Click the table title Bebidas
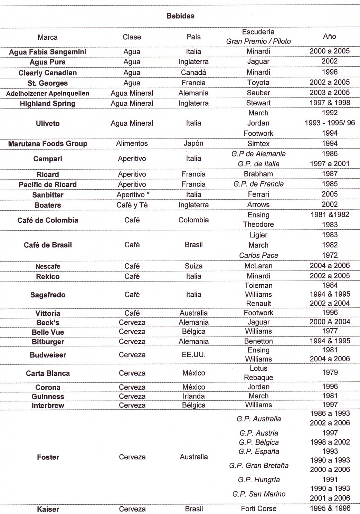tap(180, 16)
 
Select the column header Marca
tap(48, 37)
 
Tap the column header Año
tap(329, 36)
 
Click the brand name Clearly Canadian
tap(48, 73)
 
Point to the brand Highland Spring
tap(48, 104)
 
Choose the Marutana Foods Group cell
tap(48, 144)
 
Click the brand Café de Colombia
tap(48, 220)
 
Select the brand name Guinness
tap(48, 397)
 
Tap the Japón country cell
tap(193, 143)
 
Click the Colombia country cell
tap(193, 220)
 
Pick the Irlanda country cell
tap(193, 396)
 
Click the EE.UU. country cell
tap(193, 355)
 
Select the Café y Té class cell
tap(132, 205)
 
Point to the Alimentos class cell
tap(132, 143)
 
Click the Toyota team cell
tap(258, 83)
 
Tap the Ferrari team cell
tap(258, 194)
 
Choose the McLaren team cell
tap(258, 266)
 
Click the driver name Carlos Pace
tap(258, 255)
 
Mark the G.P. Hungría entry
tap(258, 480)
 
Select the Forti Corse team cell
tap(258, 508)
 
